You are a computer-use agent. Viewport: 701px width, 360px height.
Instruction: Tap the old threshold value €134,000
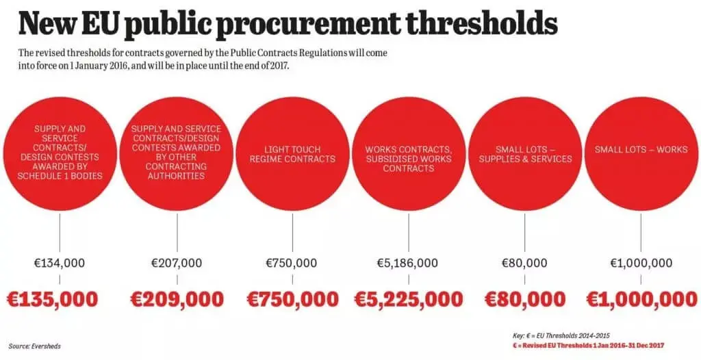60,263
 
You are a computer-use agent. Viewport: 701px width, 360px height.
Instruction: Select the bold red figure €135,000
52,298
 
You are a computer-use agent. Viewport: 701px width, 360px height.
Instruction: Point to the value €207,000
177,263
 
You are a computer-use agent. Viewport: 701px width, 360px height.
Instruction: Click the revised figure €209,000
177,298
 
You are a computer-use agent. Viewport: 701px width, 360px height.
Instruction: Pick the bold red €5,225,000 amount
408,298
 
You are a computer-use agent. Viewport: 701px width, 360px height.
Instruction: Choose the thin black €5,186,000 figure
407,263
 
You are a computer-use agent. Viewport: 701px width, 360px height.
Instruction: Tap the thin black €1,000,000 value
641,263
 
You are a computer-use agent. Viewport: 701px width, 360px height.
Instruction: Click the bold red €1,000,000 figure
641,298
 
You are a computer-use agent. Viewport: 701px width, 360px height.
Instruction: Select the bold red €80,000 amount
525,298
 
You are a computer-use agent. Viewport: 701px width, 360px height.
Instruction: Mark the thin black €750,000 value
292,263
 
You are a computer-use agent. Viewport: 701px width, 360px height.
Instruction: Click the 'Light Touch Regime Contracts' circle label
292,154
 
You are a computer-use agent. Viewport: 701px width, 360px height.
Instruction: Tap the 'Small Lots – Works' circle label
641,149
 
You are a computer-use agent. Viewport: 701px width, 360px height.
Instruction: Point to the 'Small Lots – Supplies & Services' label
525,154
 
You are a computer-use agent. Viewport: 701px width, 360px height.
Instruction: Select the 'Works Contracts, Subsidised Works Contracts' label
409,159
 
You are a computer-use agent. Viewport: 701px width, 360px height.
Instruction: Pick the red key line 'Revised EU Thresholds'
588,345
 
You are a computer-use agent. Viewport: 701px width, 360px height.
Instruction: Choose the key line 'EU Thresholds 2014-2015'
561,335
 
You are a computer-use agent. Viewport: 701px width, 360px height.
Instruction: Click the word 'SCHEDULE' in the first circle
41,176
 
